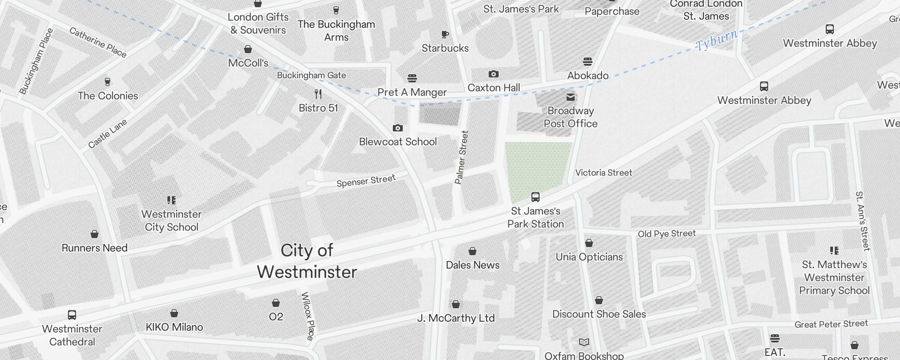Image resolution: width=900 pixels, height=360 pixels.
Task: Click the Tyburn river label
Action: [x=716, y=40]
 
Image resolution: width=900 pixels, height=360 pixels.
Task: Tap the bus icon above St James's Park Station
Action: [x=535, y=197]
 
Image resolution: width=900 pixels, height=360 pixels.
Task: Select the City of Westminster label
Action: [x=307, y=261]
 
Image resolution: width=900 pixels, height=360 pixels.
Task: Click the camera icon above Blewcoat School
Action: [x=397, y=128]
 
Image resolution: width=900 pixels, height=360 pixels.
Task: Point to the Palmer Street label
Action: [x=462, y=157]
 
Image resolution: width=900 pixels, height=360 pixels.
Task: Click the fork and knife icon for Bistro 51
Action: [x=318, y=94]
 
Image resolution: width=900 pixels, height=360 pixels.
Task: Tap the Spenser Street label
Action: [x=366, y=181]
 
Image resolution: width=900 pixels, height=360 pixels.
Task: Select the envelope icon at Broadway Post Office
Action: [x=571, y=97]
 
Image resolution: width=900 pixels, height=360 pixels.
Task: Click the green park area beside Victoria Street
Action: [x=535, y=166]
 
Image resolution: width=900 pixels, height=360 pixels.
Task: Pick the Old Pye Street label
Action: [x=666, y=234]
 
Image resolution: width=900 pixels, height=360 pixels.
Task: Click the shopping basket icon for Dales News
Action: [x=472, y=251]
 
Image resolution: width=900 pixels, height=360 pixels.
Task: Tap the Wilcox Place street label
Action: [x=307, y=316]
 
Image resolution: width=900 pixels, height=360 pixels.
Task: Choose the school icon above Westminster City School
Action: [x=171, y=200]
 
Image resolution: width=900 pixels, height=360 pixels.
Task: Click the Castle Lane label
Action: [x=108, y=134]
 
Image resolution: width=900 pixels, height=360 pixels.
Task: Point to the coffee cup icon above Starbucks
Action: [x=445, y=34]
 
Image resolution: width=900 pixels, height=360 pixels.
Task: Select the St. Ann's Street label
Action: [x=863, y=220]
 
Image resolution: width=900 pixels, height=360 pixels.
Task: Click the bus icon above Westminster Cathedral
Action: [x=72, y=315]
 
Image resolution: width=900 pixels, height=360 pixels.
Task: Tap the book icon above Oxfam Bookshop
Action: [x=584, y=342]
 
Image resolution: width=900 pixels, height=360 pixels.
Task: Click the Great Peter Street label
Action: [x=831, y=324]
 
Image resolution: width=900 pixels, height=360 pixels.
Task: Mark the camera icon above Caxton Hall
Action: [x=493, y=74]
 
